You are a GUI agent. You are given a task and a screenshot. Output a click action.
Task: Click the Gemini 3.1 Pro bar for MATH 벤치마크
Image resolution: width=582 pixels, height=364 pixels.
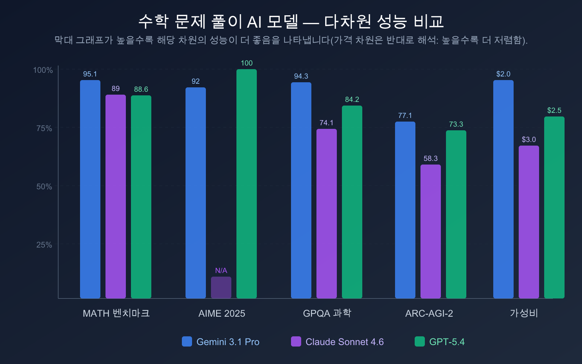click(90, 189)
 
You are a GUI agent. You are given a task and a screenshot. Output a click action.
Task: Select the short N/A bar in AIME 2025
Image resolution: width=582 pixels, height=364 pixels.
click(221, 288)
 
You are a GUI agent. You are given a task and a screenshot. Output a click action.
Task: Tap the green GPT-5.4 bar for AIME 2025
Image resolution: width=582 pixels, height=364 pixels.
click(247, 184)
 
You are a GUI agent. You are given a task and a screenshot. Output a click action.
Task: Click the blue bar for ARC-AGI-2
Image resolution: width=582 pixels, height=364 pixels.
click(405, 210)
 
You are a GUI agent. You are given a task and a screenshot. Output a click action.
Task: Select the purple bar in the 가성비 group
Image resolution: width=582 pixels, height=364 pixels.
click(529, 222)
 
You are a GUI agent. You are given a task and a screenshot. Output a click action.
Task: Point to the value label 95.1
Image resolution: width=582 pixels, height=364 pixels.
click(90, 74)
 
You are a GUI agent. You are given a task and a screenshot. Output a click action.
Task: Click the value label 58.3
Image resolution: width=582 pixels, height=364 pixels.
click(431, 159)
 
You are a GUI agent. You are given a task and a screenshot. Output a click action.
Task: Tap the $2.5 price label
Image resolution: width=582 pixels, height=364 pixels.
click(554, 110)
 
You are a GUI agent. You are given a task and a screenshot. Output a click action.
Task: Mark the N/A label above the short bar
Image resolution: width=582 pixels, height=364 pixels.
click(221, 270)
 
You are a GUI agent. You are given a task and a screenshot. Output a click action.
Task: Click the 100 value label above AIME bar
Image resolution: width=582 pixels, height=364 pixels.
click(247, 63)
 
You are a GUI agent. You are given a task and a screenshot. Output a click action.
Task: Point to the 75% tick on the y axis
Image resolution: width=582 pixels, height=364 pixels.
click(44, 128)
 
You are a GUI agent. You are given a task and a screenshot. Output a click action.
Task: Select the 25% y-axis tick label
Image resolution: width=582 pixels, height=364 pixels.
click(44, 245)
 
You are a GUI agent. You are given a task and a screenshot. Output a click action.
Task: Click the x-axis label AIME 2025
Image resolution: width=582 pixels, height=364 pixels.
click(222, 313)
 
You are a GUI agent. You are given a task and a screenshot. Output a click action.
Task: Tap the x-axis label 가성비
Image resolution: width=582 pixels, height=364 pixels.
click(524, 313)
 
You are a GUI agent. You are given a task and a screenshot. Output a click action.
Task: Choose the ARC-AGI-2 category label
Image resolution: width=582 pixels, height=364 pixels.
click(429, 313)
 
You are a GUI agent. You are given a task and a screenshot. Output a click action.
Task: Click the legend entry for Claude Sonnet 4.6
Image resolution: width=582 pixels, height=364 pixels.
click(344, 342)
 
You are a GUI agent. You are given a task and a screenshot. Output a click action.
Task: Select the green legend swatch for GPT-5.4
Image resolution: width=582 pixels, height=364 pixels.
click(420, 341)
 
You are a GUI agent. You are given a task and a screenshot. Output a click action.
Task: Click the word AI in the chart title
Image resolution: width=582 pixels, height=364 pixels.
click(254, 22)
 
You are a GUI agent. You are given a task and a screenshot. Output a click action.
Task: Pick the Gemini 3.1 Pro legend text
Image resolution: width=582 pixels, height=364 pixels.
click(228, 342)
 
